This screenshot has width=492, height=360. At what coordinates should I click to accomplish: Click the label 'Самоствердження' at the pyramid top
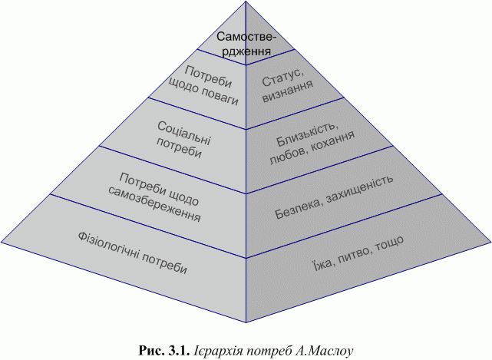pyautogui.click(x=245, y=45)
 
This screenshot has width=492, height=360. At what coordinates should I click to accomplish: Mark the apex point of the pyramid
pyautogui.click(x=246, y=2)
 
